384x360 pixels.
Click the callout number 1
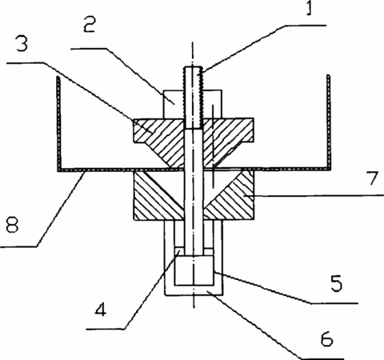309,8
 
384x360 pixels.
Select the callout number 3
22,43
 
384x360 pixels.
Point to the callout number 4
101,310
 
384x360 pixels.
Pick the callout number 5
337,283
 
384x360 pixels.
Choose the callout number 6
326,338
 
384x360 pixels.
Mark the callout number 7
372,178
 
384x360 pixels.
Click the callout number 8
12,225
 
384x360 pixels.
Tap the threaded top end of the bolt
194,98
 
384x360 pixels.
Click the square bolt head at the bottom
194,270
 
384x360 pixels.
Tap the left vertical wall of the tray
59,123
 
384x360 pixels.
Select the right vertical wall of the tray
329,122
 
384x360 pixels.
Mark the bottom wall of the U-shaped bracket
194,290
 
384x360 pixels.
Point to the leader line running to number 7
318,196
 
